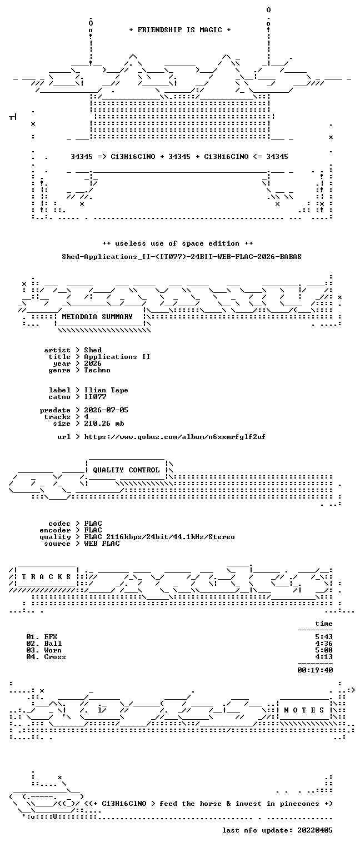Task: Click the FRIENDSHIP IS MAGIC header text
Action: pos(179,30)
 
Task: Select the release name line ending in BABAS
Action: pos(182,257)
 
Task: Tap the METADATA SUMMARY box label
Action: pos(97,317)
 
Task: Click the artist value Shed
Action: pos(93,350)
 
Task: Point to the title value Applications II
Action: pos(117,357)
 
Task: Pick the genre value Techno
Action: pos(97,370)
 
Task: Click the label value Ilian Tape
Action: pos(106,390)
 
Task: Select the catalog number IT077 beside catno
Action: pos(95,397)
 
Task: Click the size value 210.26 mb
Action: pos(104,423)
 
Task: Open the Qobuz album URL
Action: pos(174,437)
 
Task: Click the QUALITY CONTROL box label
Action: pos(126,470)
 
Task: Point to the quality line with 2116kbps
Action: pos(159,537)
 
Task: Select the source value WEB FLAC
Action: pos(102,544)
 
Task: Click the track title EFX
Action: pos(51,637)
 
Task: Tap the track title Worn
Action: pos(53,650)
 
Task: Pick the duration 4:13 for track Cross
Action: pos(324,657)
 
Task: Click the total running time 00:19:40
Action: pos(315,670)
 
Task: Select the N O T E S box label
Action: pos(304,710)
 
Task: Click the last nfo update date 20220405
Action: pos(315,831)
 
